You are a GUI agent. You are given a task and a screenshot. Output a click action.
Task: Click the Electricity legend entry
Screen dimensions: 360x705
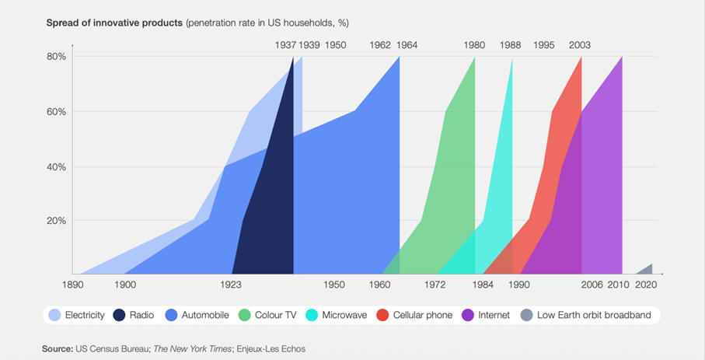76,315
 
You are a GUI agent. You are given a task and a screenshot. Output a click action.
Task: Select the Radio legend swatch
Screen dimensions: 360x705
120,315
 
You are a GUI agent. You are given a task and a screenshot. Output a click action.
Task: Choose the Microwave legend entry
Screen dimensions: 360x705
337,315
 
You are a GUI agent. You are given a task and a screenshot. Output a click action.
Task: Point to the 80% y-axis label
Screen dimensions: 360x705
55,57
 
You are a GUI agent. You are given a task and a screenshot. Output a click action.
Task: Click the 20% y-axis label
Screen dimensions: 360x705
55,221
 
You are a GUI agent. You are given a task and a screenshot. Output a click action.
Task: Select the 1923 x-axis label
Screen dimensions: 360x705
232,285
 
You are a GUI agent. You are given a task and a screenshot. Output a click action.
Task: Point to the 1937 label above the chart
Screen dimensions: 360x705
285,45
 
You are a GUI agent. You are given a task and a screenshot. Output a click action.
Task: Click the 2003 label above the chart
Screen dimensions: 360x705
579,45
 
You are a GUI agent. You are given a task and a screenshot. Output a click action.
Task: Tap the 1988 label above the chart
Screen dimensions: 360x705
511,45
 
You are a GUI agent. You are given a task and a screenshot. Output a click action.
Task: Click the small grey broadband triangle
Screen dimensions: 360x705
647,271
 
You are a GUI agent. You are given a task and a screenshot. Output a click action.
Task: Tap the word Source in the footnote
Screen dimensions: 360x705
59,349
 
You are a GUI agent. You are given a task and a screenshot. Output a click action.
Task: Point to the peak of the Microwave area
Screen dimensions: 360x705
511,59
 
